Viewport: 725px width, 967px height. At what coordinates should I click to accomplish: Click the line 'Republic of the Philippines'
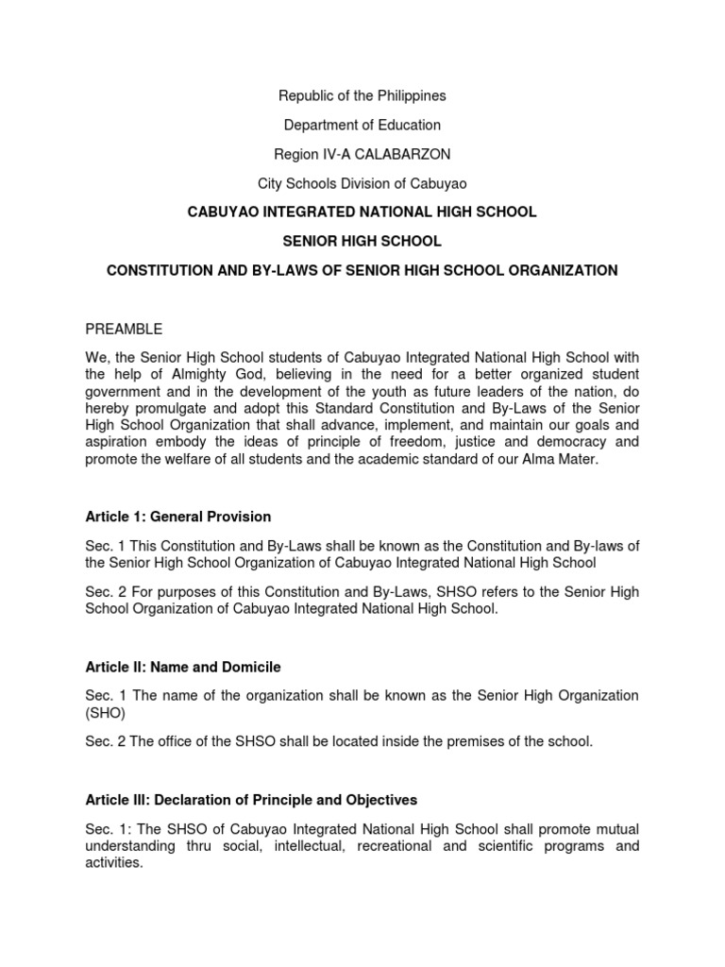(362, 95)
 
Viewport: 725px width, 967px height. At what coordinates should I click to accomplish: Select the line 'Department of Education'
(362, 125)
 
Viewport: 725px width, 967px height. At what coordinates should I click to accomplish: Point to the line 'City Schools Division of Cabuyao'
(362, 183)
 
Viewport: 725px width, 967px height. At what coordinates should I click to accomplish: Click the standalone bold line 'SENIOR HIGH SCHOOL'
(362, 241)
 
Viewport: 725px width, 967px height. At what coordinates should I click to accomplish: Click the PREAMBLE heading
(124, 329)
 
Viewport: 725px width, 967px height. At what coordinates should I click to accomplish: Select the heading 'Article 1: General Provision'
(177, 517)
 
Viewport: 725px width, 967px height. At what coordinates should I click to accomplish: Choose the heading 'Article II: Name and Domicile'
(183, 667)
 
